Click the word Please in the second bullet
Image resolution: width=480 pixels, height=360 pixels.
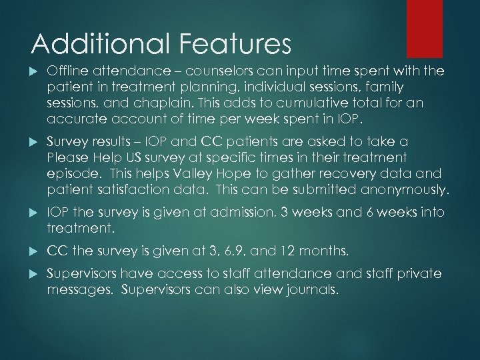67,158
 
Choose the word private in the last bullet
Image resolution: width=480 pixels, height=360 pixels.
415,274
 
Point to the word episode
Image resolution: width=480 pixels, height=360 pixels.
70,174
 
